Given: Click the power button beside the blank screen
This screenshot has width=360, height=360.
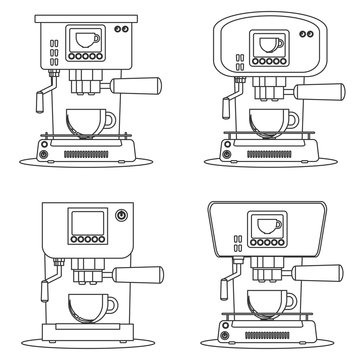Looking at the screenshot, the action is coord(122,214).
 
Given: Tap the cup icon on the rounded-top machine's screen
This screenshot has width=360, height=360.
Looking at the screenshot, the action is coord(265,44).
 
